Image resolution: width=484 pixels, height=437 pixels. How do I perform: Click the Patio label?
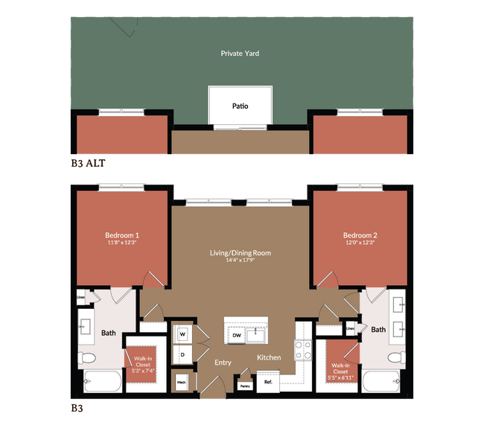point(240,106)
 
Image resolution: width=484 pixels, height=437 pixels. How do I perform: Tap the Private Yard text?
point(240,54)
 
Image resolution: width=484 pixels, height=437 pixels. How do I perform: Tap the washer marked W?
point(182,334)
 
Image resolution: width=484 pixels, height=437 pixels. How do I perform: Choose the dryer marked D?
point(182,354)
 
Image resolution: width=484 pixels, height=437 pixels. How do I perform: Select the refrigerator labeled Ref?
point(269,382)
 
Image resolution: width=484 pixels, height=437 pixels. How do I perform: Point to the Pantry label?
point(244,386)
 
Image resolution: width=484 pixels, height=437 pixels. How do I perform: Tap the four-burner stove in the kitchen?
point(304,350)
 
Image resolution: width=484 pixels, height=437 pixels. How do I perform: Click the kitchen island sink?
point(258,333)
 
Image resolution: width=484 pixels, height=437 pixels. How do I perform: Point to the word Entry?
point(223,363)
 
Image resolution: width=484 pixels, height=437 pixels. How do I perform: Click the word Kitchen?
point(269,358)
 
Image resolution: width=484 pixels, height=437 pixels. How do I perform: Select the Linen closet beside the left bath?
point(81,298)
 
